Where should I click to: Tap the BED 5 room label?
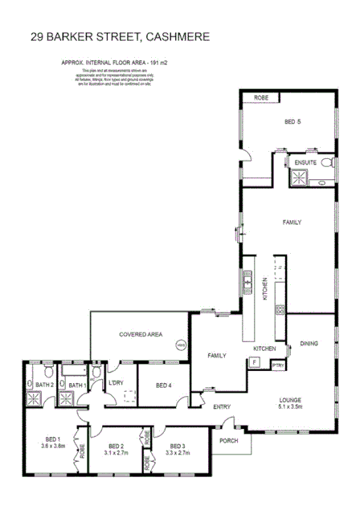point(293,122)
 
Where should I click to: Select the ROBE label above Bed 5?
point(261,97)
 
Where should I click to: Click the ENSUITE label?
point(305,162)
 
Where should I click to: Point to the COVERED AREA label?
point(141,333)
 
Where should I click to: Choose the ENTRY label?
point(223,406)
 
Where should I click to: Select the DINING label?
point(309,344)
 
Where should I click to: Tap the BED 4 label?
point(163,386)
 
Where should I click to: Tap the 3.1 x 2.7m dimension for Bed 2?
point(115,453)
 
